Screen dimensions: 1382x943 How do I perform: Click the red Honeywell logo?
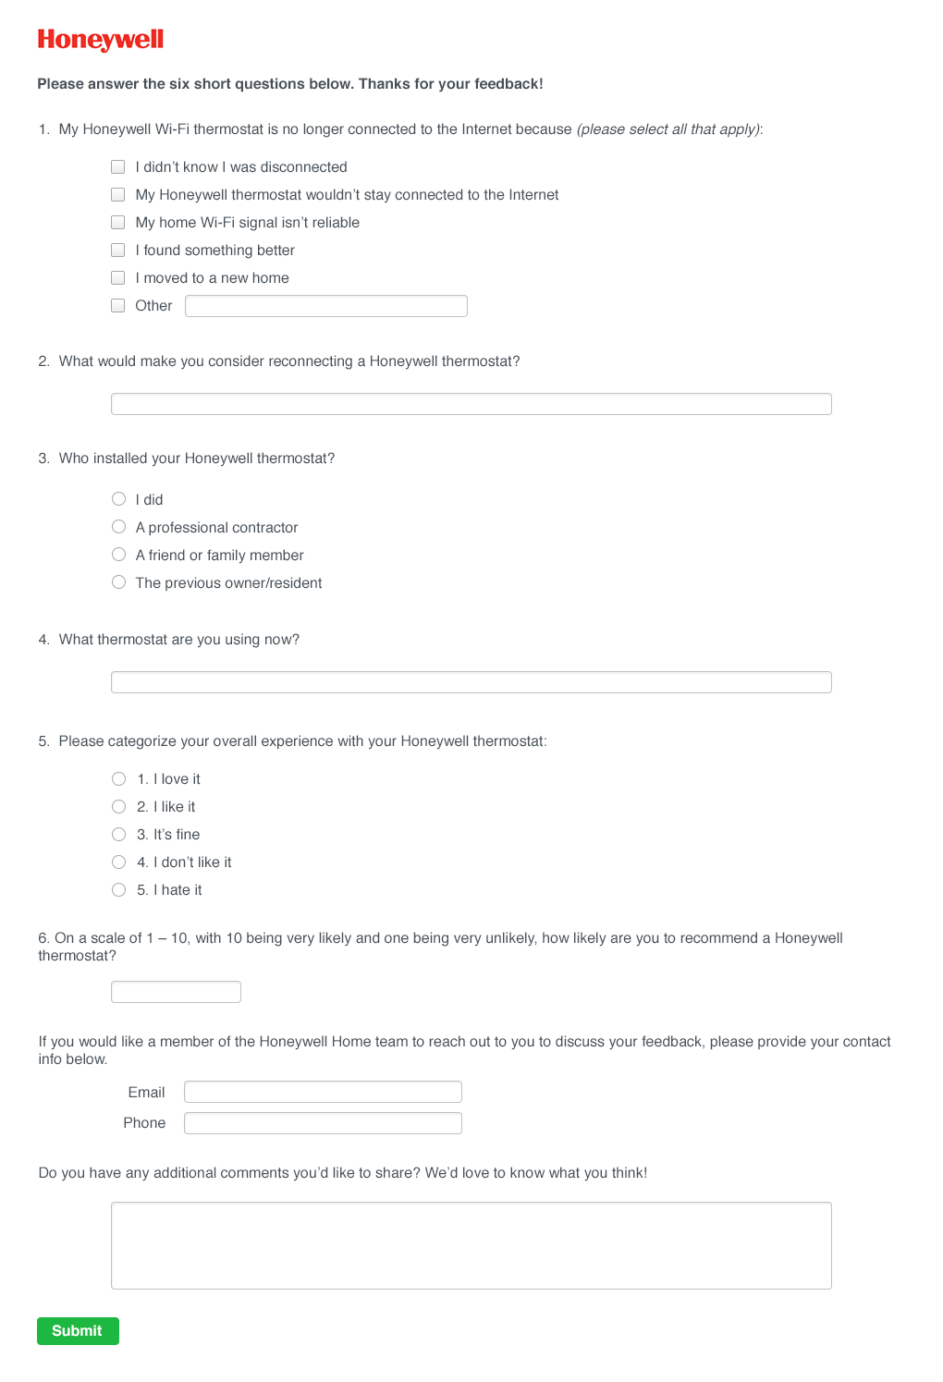pyautogui.click(x=100, y=40)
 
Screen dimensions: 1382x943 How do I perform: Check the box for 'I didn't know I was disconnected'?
pyautogui.click(x=118, y=167)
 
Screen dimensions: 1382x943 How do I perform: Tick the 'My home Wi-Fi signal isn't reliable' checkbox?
pyautogui.click(x=118, y=223)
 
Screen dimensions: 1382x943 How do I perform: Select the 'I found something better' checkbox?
pyautogui.click(x=118, y=251)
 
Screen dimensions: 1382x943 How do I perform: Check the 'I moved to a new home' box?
pyautogui.click(x=118, y=278)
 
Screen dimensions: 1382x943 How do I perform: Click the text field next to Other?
pyautogui.click(x=325, y=306)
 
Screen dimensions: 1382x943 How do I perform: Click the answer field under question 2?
pyautogui.click(x=471, y=404)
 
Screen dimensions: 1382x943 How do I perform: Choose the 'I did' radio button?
pyautogui.click(x=119, y=499)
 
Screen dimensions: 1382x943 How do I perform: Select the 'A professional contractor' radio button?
pyautogui.click(x=119, y=527)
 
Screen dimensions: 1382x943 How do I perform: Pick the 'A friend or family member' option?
pyautogui.click(x=119, y=555)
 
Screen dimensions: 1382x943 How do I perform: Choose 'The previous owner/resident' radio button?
pyautogui.click(x=119, y=582)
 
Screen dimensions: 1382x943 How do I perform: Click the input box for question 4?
pyautogui.click(x=471, y=682)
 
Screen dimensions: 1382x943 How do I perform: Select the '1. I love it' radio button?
pyautogui.click(x=119, y=779)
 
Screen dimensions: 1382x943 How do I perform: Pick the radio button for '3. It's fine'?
pyautogui.click(x=119, y=835)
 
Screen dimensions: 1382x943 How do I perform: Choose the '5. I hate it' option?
pyautogui.click(x=119, y=890)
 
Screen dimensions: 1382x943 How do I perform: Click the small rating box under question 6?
pyautogui.click(x=176, y=992)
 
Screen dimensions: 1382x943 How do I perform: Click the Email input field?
pyautogui.click(x=323, y=1092)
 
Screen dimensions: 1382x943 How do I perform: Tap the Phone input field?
pyautogui.click(x=323, y=1123)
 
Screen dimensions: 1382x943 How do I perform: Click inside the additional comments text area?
pyautogui.click(x=471, y=1245)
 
